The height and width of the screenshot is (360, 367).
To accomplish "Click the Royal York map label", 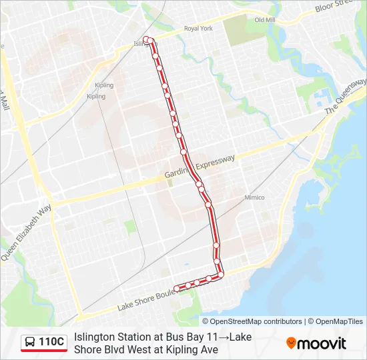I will coord(198,29).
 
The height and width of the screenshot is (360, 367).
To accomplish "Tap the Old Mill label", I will coord(265,20).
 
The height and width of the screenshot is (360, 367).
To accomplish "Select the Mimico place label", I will coord(254,197).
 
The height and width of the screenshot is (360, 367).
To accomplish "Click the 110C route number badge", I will coord(51,342).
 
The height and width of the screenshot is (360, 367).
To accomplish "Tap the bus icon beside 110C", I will coord(31,343).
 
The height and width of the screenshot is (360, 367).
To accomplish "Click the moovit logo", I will coord(316,343).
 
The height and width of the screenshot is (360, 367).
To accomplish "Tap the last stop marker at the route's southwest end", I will coord(177,288).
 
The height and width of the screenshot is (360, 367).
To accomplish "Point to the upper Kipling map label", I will coord(105,85).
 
